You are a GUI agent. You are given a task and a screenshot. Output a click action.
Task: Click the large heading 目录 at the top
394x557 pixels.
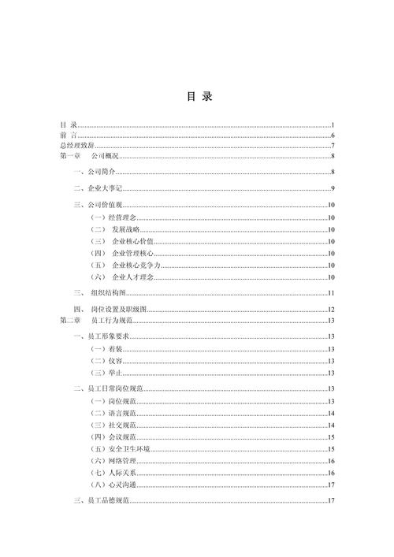pyautogui.click(x=198, y=98)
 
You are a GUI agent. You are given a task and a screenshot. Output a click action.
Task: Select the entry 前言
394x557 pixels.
pyautogui.click(x=68, y=136)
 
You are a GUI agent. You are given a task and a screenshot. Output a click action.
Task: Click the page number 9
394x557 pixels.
pyautogui.click(x=333, y=188)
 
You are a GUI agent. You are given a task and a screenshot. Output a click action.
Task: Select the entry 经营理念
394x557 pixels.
pyautogui.click(x=121, y=216)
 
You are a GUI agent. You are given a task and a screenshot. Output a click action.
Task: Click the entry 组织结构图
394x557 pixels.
pyautogui.click(x=111, y=293)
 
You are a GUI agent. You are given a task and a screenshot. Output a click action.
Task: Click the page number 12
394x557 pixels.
pyautogui.click(x=332, y=310)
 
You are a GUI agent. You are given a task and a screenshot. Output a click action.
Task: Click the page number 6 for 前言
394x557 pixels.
pyautogui.click(x=333, y=136)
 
